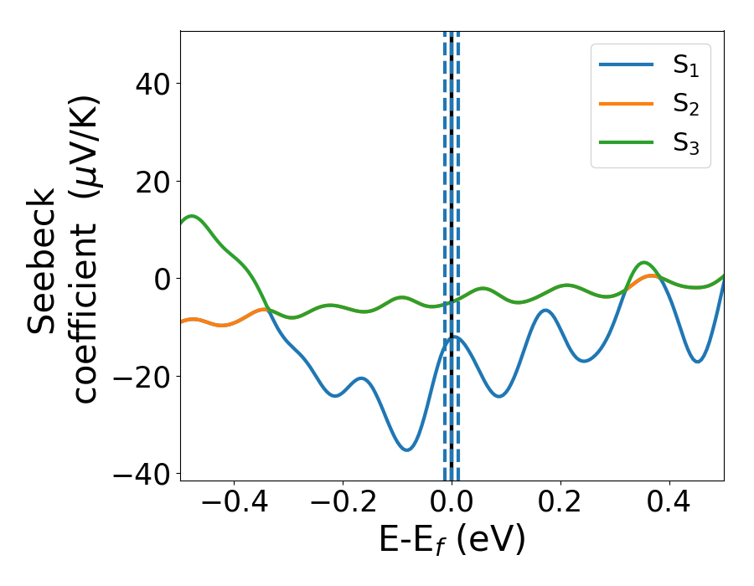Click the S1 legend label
click(685, 66)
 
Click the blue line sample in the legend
click(627, 65)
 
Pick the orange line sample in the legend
click(627, 104)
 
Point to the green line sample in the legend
click(627, 142)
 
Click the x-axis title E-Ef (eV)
click(452, 541)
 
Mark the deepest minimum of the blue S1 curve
click(406, 450)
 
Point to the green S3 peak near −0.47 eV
click(193, 216)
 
